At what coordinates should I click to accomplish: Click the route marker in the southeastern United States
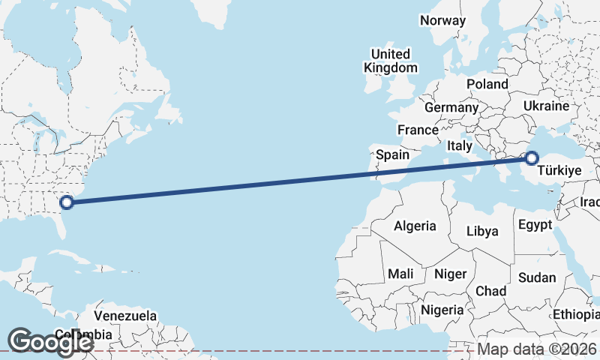[67, 201]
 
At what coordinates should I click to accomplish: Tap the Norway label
[442, 20]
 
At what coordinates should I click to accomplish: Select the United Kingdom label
[391, 61]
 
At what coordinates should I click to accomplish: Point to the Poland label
[487, 84]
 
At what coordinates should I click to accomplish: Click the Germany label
[451, 107]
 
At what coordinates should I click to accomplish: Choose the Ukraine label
[547, 106]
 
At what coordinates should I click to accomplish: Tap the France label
[418, 130]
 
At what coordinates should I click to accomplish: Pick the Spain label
[392, 154]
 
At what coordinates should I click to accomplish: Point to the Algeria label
[415, 226]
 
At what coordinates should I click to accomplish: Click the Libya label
[483, 231]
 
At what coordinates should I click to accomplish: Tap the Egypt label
[535, 224]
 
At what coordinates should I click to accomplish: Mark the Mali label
[400, 274]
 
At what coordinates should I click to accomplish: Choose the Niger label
[451, 274]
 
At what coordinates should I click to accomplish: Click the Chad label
[490, 290]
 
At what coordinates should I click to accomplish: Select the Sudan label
[537, 277]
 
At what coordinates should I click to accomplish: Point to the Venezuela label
[126, 315]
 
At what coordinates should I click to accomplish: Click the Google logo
[50, 341]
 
